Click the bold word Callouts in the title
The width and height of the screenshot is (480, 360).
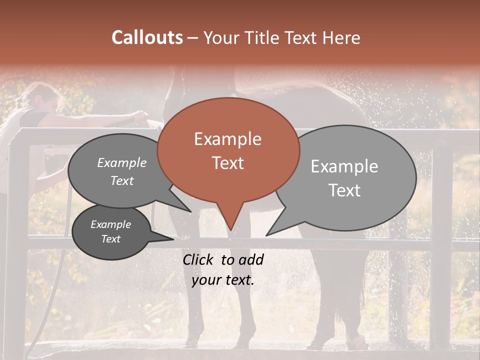(147, 37)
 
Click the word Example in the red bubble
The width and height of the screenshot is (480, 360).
(227, 139)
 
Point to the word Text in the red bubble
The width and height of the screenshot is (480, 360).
(227, 163)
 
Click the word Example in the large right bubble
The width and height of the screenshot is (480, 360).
(344, 166)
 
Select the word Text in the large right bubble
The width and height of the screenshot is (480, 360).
(344, 190)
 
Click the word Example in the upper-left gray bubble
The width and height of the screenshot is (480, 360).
(121, 163)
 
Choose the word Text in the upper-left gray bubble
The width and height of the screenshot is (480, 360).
(121, 181)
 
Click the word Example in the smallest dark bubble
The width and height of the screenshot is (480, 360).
(110, 224)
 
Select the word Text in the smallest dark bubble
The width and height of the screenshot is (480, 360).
(110, 239)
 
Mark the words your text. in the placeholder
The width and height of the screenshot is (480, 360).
(223, 280)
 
